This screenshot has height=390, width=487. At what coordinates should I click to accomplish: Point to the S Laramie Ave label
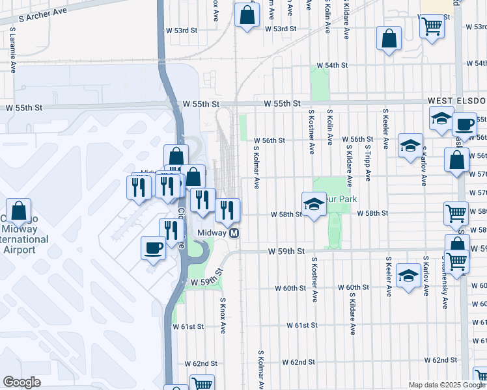(13, 49)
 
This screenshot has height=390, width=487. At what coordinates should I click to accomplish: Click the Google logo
(21, 382)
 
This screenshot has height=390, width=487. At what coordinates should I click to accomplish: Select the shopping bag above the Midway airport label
(19, 210)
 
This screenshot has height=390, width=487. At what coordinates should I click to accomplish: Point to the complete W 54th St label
(332, 66)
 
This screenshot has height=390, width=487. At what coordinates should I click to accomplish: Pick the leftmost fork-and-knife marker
(138, 187)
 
